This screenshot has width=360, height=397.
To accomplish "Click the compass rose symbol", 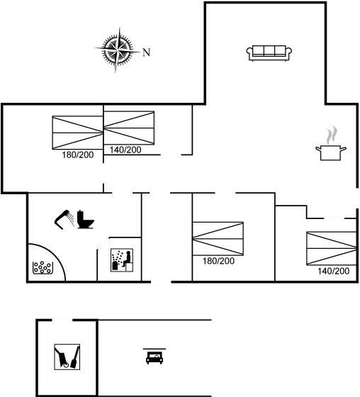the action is tap(118, 50).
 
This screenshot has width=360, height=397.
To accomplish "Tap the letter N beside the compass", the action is tap(147, 52).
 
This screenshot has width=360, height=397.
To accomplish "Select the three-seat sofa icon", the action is tap(269, 53).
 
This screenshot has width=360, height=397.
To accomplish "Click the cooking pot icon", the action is tap(331, 152).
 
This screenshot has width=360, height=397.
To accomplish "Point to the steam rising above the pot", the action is tap(332, 135).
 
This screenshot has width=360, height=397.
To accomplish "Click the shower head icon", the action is tap(64, 219).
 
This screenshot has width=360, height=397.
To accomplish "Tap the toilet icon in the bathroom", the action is tap(85, 220).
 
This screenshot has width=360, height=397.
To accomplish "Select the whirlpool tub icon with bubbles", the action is tap(43, 268).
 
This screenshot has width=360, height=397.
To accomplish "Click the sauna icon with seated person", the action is tap(122, 260).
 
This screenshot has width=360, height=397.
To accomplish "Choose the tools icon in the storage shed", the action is tap(67, 357).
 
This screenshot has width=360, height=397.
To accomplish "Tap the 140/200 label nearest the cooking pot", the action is tap(333, 271).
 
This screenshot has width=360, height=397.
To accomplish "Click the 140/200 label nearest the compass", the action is tap(125, 150).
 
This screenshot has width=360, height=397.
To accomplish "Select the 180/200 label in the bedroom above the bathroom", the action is tap(78, 155).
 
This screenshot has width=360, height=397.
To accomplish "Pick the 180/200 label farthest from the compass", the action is tap(218, 261).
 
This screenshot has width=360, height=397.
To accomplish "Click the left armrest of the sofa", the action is tap(249, 52).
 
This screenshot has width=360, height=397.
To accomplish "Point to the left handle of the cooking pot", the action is tap(318, 148).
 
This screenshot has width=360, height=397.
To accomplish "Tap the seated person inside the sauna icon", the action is tap(127, 258).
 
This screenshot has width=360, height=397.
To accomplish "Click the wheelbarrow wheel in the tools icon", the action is tap(66, 365).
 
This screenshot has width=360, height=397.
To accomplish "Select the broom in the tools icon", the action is tap(75, 357).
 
